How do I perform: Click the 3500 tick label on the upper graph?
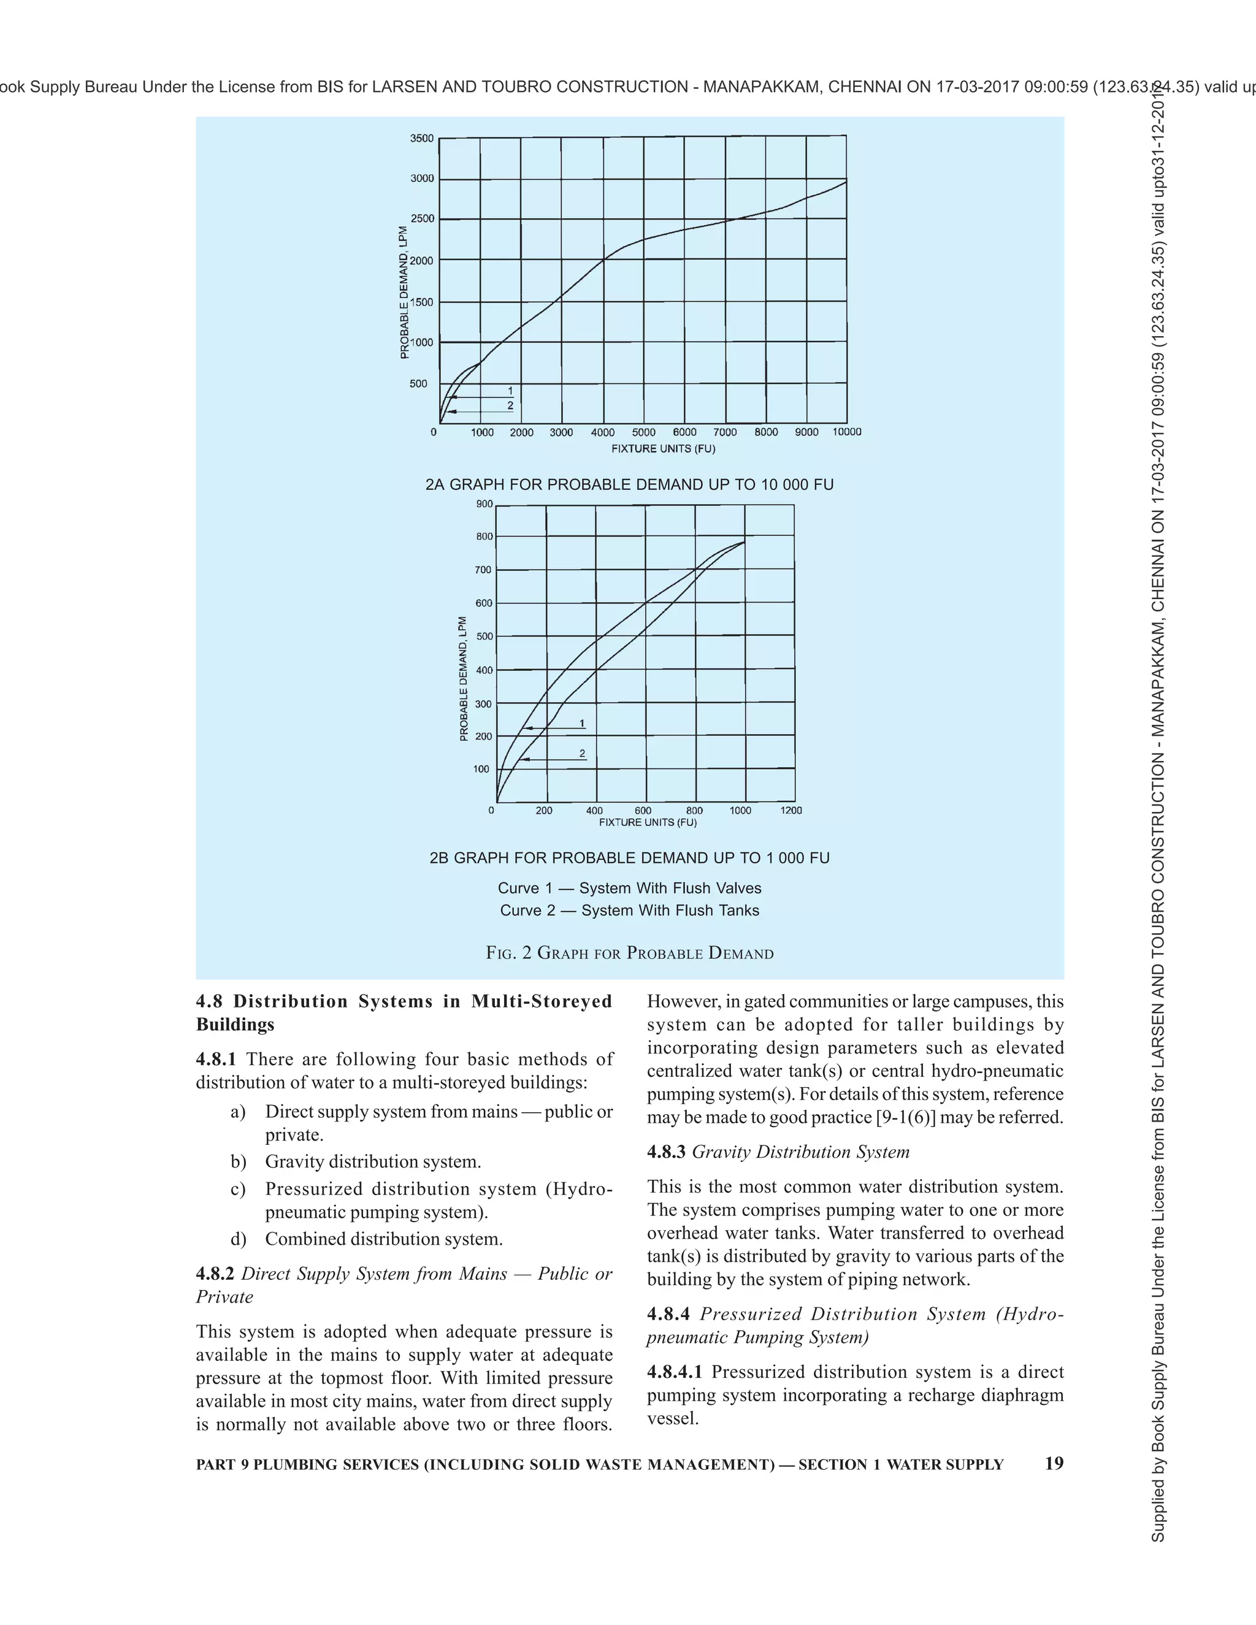click(x=421, y=139)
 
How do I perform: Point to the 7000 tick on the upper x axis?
click(x=725, y=432)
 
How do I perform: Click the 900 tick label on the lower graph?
click(x=484, y=503)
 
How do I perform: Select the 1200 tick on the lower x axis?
click(x=791, y=810)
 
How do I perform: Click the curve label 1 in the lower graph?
click(x=582, y=723)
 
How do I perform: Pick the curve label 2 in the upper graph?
click(x=510, y=405)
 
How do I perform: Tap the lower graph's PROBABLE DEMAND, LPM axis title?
click(x=464, y=678)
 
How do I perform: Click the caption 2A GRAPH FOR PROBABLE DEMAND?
click(x=629, y=485)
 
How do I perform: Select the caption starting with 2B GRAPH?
click(x=629, y=858)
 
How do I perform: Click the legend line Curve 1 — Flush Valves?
click(x=629, y=889)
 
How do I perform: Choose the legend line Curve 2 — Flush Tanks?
click(x=629, y=911)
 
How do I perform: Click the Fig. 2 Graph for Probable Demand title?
click(x=629, y=953)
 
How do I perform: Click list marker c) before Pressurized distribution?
click(x=237, y=1189)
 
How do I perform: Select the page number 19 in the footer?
click(x=1054, y=1464)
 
